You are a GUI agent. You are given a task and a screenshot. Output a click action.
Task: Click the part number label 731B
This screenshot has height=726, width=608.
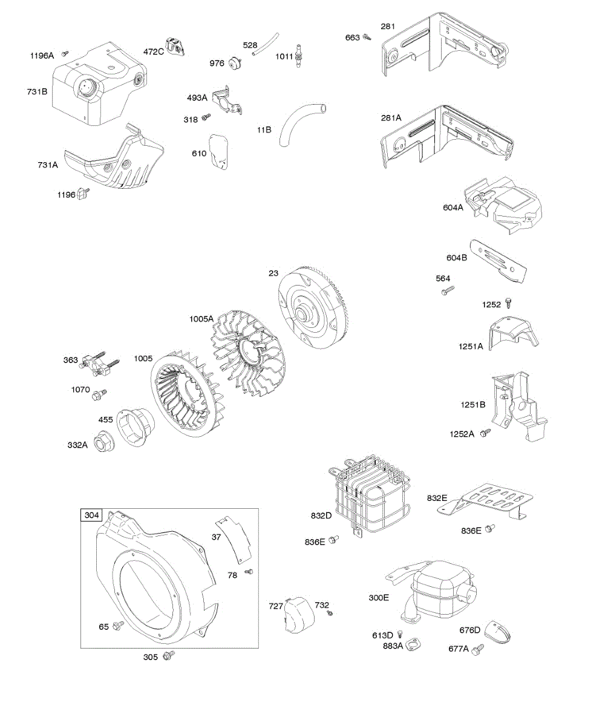click(37, 91)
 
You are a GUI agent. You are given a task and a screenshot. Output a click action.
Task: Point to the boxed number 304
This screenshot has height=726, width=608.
click(91, 515)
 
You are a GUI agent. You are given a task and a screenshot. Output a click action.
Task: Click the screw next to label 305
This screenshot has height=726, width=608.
click(170, 655)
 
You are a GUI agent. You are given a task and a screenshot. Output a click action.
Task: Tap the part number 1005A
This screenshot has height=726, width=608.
click(201, 319)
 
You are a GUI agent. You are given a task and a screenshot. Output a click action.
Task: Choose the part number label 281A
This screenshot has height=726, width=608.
click(390, 118)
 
